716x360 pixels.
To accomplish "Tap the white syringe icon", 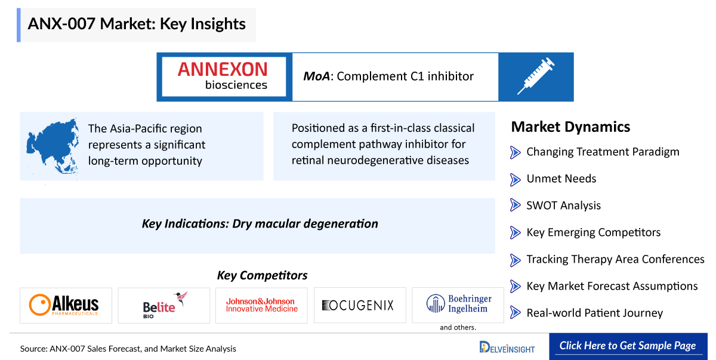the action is [536, 76].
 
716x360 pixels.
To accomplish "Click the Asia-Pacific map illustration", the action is [53, 146].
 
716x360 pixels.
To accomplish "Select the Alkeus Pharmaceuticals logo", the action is [64, 305].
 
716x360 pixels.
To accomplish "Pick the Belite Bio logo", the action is [165, 305].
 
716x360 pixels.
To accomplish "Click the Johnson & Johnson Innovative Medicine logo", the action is [262, 305].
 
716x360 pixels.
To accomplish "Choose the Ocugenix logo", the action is [357, 305].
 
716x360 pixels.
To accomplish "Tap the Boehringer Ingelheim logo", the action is [459, 304].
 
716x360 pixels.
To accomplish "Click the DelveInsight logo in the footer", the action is [507, 347].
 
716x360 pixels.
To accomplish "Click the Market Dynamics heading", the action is [570, 127].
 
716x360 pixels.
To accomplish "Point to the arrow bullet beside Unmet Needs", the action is [516, 179].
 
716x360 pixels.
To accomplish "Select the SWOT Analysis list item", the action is [563, 205].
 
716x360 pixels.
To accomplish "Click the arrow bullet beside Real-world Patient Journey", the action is [516, 312].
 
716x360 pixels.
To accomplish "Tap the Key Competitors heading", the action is [262, 275].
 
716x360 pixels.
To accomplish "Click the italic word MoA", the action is [316, 76].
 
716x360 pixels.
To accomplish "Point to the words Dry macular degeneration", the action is [305, 224].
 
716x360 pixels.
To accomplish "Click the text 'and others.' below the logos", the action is [458, 327].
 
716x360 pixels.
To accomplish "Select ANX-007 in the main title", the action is [61, 24].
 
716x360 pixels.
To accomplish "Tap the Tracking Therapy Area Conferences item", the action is [615, 259].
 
